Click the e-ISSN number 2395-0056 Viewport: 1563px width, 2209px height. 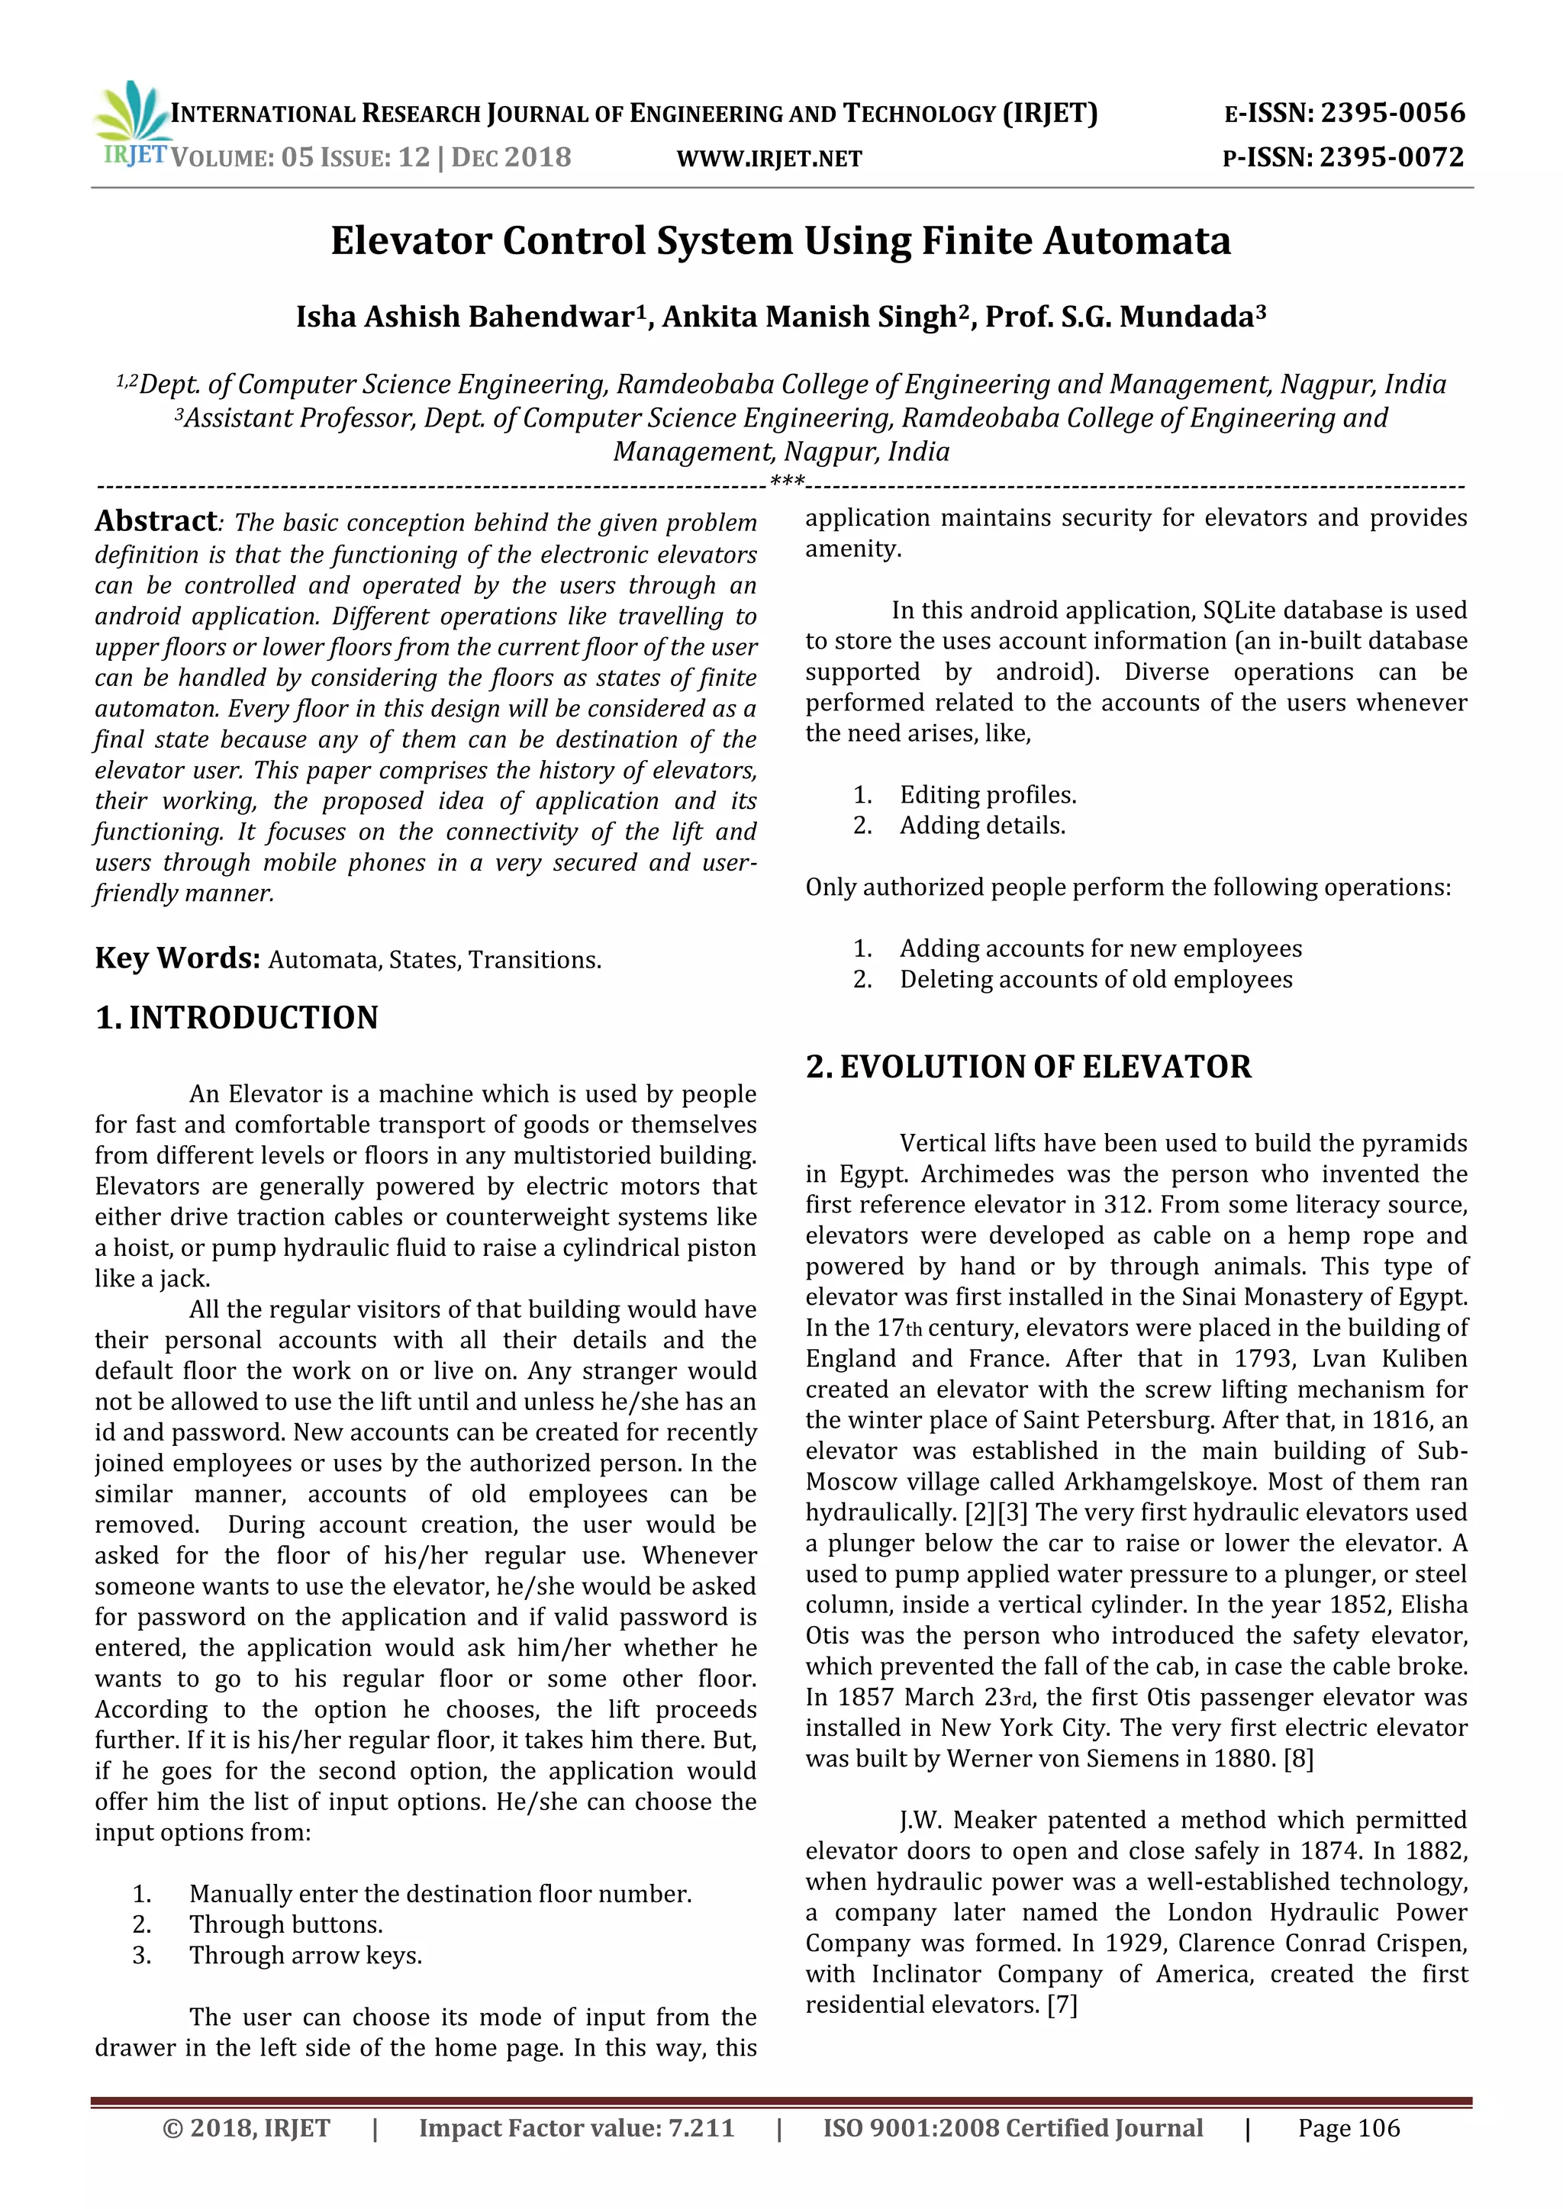(x=1392, y=114)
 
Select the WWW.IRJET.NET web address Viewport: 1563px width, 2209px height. (x=769, y=159)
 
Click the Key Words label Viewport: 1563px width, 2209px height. (x=177, y=958)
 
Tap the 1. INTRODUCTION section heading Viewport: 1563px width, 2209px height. (x=237, y=1018)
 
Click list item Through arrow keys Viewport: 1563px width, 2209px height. (x=305, y=1955)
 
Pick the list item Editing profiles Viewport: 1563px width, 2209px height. (x=988, y=794)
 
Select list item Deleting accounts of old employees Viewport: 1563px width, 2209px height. (x=1095, y=980)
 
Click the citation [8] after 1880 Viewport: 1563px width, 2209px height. (x=1298, y=1759)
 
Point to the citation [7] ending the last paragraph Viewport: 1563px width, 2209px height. (x=1062, y=2005)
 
